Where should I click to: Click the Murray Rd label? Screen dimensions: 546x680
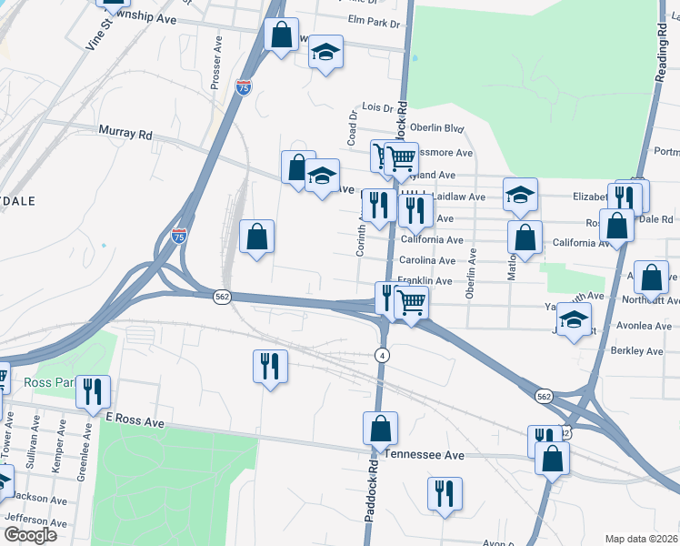pos(125,133)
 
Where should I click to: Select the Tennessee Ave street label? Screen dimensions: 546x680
pos(425,454)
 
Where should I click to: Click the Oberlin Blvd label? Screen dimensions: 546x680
pos(437,128)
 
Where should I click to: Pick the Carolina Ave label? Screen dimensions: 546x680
pos(427,260)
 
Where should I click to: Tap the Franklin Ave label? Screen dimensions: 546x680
pos(425,281)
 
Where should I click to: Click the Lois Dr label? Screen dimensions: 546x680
pos(375,108)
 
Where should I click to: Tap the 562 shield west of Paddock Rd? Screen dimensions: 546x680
pos(222,297)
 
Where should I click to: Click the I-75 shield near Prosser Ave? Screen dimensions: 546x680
pos(243,87)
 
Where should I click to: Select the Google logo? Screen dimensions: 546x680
pos(30,534)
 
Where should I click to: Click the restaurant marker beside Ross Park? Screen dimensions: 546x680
pos(93,391)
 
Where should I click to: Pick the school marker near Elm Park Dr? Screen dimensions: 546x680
pos(325,52)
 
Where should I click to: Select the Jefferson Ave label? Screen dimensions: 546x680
pos(36,522)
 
